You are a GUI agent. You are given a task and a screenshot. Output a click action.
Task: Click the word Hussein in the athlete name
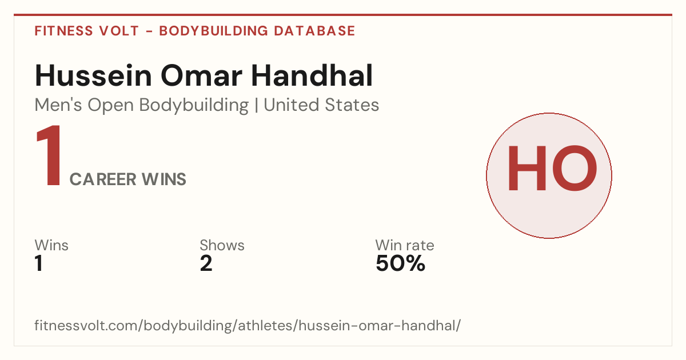point(93,75)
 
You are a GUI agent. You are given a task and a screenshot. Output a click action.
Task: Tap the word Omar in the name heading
point(201,75)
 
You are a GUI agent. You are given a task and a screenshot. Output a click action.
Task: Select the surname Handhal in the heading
point(312,75)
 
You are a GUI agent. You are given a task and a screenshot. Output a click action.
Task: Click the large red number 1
point(49,155)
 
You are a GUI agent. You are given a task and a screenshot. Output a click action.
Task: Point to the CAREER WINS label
point(127,179)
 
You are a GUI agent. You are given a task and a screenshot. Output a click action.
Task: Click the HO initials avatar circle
point(549,175)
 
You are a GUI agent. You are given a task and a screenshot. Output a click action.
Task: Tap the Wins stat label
point(51,245)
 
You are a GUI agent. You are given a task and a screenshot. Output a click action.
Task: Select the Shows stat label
point(222,245)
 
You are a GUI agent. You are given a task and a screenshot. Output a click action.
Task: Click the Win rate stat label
point(405,245)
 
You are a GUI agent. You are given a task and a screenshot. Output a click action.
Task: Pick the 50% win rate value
point(400,263)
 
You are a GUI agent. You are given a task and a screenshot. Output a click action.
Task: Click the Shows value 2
point(206,263)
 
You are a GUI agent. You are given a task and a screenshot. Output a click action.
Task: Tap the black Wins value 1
point(39,263)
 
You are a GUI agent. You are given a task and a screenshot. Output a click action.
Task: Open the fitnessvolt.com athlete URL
point(248,325)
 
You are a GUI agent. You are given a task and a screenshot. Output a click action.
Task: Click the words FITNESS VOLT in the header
point(87,31)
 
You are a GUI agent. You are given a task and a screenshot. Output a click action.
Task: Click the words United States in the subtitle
point(321,105)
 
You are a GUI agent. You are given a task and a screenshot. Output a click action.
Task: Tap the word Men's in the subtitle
point(58,105)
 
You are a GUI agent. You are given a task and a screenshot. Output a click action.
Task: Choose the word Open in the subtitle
point(111,106)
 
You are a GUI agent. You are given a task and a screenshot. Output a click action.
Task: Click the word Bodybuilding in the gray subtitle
point(194,106)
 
